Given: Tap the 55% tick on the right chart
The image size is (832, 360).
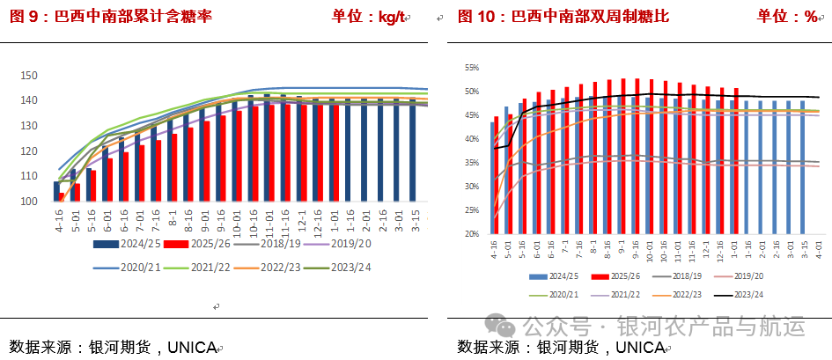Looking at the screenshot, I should [471, 68].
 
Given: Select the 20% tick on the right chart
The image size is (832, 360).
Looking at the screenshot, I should [471, 234].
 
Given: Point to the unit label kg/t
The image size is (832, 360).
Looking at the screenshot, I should [388, 17].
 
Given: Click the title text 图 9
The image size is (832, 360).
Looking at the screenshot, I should [26, 17].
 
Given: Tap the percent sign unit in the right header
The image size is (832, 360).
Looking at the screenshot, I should [810, 17].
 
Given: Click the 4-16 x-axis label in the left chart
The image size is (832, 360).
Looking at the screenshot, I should [60, 221].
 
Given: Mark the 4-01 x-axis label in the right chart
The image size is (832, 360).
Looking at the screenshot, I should [820, 250].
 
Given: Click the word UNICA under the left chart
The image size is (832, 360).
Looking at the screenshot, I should [189, 347].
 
